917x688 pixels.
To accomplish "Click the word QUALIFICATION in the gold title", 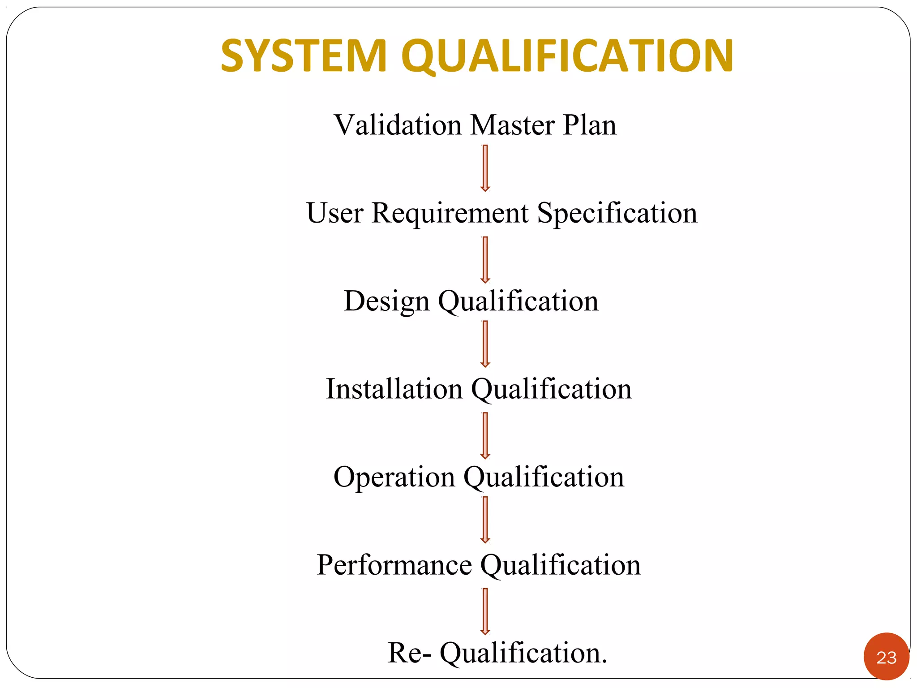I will point(567,56).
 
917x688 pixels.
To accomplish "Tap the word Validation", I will point(398,125).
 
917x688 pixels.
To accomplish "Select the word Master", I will point(512,125).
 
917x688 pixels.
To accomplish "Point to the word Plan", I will point(590,125).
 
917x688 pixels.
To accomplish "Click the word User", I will point(334,213).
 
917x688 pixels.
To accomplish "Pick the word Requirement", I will point(450,214).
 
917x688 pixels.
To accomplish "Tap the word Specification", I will point(617,214).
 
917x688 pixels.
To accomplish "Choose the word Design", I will point(386,301).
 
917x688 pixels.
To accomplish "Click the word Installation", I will point(394,389).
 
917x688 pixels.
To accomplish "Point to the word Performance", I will point(394,565).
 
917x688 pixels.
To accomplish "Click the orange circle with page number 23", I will point(886,657).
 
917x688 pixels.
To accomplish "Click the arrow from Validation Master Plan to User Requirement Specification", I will point(485,168).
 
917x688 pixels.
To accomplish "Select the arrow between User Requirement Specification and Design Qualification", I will point(485,260).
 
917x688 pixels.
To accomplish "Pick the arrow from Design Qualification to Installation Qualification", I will point(485,344).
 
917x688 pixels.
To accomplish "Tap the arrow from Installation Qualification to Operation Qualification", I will point(485,436).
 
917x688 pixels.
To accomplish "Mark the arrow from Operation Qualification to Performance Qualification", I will point(485,520).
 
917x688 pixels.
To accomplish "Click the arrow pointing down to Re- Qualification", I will point(485,611).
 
